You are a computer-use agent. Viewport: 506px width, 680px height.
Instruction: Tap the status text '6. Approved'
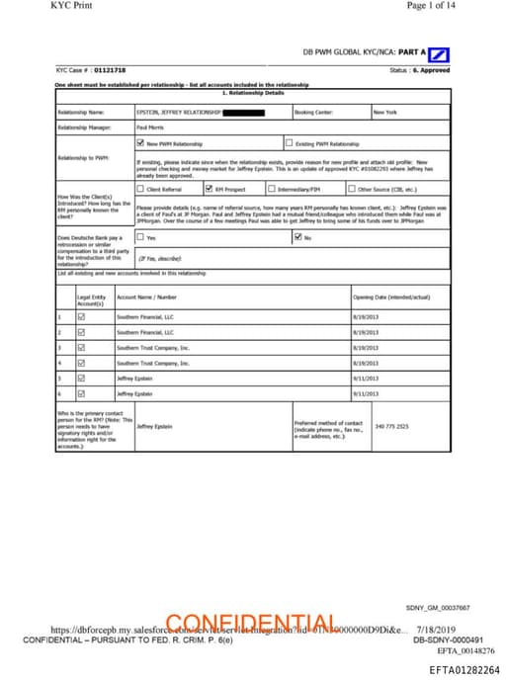click(432, 69)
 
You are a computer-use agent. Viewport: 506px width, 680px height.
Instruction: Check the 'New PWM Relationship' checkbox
click(140, 143)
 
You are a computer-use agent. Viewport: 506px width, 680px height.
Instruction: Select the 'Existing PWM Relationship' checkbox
click(289, 143)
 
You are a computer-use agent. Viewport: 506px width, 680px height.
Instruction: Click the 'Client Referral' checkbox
click(140, 188)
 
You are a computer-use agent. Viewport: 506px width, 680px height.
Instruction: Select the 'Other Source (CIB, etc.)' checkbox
click(353, 188)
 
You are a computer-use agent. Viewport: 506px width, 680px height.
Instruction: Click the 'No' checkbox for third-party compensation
click(298, 237)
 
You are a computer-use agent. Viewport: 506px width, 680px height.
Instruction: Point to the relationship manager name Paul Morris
click(149, 127)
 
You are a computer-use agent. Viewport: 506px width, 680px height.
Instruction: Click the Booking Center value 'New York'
click(385, 113)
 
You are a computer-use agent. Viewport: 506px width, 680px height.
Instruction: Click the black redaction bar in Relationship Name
click(244, 113)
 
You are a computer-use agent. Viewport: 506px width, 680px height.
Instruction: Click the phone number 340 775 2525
click(392, 426)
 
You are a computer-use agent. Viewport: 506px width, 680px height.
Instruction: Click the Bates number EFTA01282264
click(464, 669)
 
